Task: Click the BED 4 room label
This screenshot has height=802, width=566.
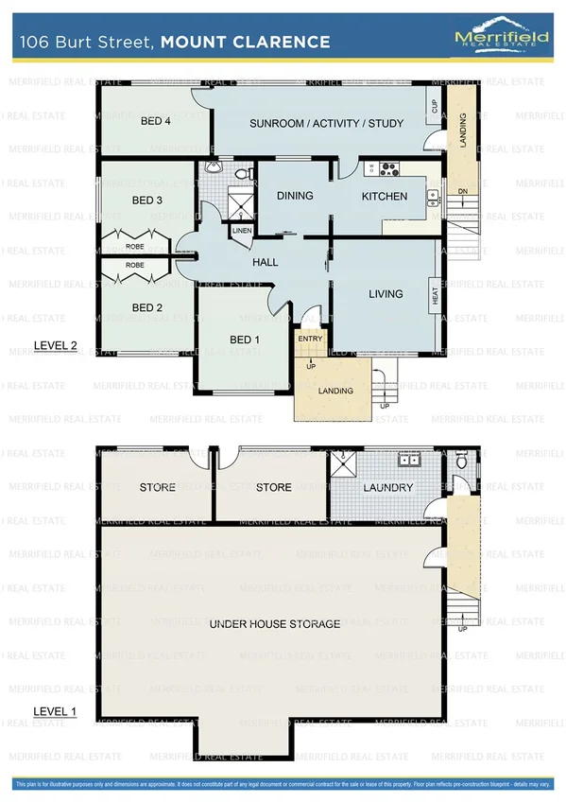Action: click(x=156, y=121)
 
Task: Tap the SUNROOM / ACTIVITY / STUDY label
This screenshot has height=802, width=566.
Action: click(x=326, y=123)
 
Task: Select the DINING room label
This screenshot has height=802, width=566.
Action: click(x=295, y=197)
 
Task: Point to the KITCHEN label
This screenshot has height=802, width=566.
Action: click(x=385, y=197)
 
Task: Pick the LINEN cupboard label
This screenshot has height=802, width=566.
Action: click(x=241, y=230)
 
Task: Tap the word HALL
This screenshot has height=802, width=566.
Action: click(x=265, y=262)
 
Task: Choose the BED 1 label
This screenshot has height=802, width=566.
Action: click(x=242, y=340)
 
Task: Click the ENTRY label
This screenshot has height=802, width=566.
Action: click(x=309, y=338)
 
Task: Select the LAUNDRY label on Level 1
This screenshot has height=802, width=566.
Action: click(x=388, y=488)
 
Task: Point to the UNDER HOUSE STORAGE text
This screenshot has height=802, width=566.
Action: click(x=274, y=624)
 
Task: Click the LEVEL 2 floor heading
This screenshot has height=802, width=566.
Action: click(x=55, y=345)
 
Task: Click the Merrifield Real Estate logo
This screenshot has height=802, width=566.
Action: click(x=500, y=41)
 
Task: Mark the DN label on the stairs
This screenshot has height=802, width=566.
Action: click(x=462, y=192)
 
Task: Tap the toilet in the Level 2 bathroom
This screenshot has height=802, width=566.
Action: click(x=241, y=174)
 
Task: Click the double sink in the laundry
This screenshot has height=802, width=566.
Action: click(x=409, y=462)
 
